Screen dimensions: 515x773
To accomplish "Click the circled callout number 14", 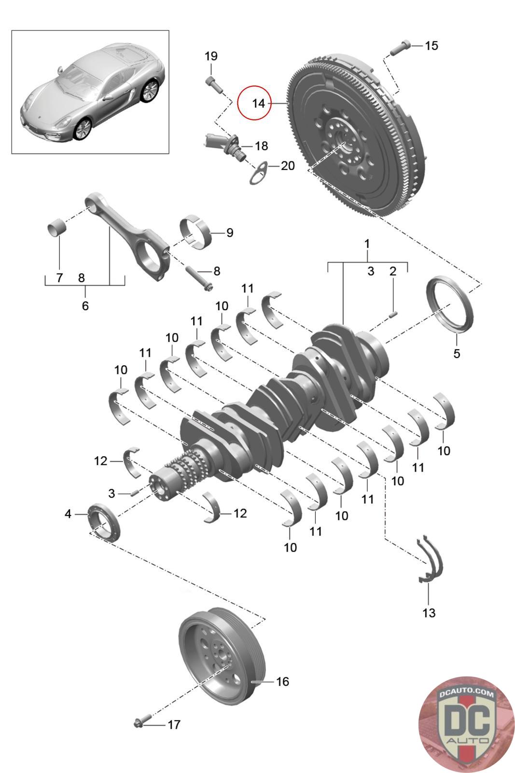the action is [258, 103].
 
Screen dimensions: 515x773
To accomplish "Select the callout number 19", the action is [211, 56].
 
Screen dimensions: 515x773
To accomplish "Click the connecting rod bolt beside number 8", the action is [199, 278].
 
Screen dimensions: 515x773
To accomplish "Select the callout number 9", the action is [230, 232].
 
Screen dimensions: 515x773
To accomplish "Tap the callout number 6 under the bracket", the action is [85, 305].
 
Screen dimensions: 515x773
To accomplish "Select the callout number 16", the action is [282, 682].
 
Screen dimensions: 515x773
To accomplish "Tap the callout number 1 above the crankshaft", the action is [367, 243].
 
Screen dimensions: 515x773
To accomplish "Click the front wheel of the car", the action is [83, 129].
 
